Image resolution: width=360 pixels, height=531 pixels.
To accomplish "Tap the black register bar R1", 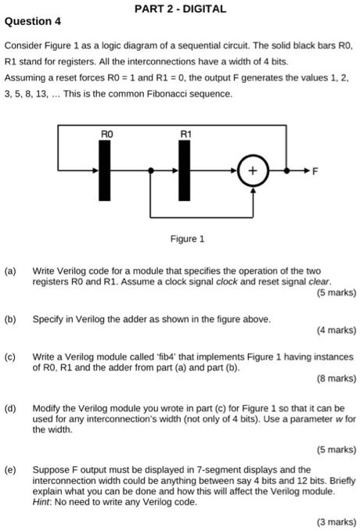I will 185,170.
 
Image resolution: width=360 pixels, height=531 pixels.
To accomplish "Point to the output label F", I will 315,170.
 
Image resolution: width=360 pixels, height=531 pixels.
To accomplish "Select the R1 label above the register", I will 185,135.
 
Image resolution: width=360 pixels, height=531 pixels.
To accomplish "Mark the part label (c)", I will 11,357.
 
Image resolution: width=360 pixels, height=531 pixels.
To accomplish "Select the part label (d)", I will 11,408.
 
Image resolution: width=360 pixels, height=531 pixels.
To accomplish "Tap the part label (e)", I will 11,469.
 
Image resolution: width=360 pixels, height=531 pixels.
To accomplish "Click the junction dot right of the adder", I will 287,170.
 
